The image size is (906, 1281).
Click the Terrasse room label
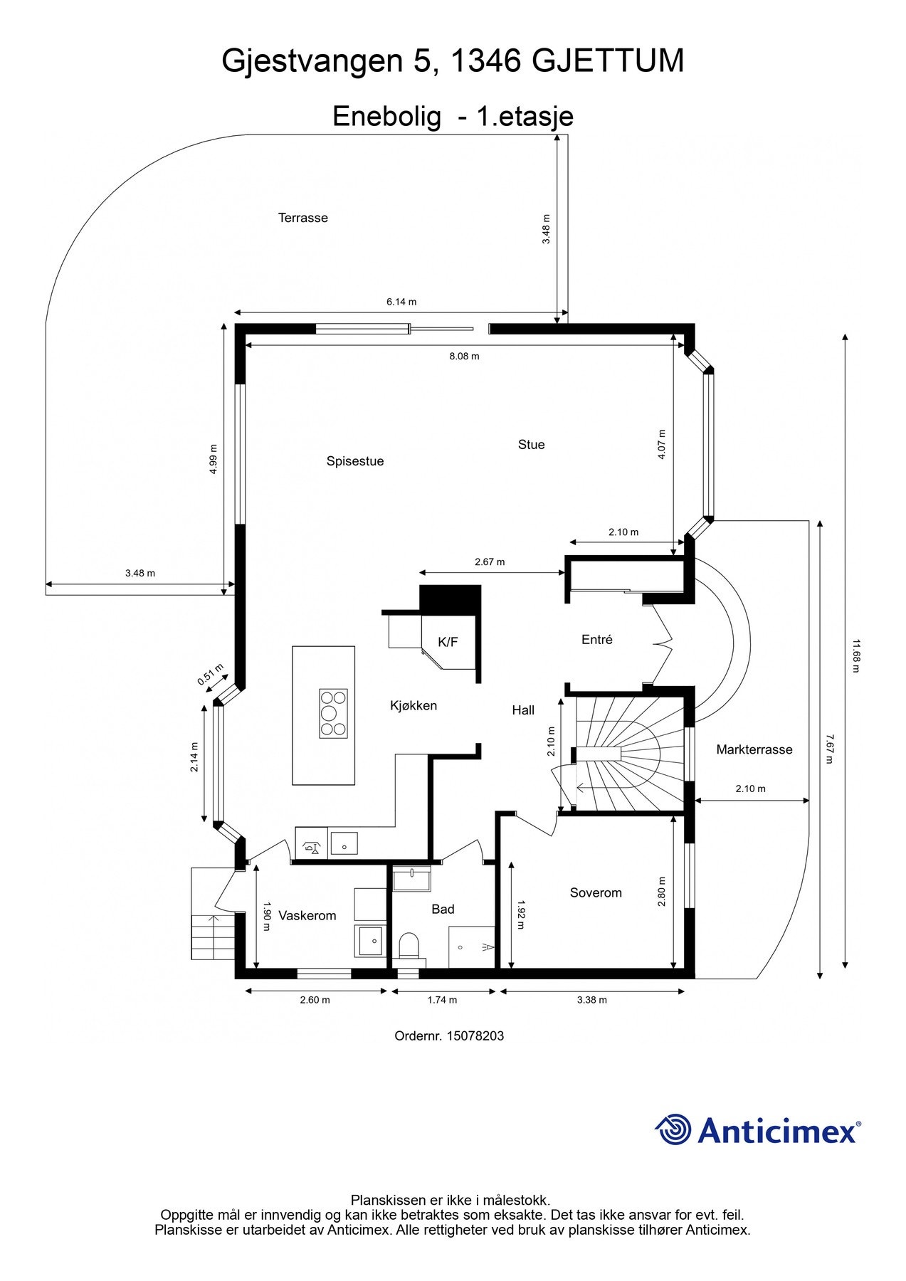302,218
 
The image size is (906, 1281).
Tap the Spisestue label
355,461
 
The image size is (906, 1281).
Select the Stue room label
531,445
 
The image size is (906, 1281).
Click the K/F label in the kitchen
448,642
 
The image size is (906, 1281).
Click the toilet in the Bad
409,946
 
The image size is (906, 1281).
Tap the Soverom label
596,892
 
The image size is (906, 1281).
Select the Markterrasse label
754,749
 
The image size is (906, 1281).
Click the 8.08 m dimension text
464,356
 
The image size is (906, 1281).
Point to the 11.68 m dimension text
856,655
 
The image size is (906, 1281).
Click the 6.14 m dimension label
401,302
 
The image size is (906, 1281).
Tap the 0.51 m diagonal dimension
211,675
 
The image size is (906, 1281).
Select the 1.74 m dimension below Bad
442,1000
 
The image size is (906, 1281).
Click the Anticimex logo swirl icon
673,1129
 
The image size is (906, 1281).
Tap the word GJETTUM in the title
608,61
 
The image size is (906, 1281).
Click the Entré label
596,640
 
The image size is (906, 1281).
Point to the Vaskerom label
307,915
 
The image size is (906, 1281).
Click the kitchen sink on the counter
344,845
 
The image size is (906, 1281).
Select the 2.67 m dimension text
490,562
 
